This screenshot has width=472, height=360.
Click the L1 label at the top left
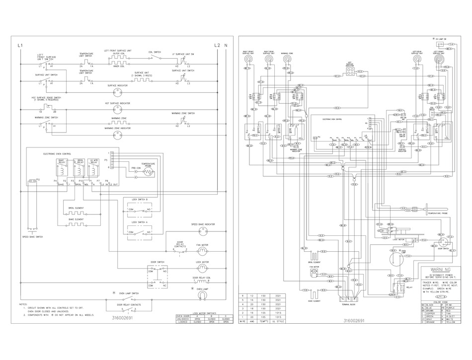click(x=20, y=45)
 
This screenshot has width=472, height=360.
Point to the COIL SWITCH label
click(x=155, y=52)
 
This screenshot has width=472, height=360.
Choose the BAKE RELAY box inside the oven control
click(x=63, y=167)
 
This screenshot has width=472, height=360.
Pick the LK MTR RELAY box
click(x=93, y=167)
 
